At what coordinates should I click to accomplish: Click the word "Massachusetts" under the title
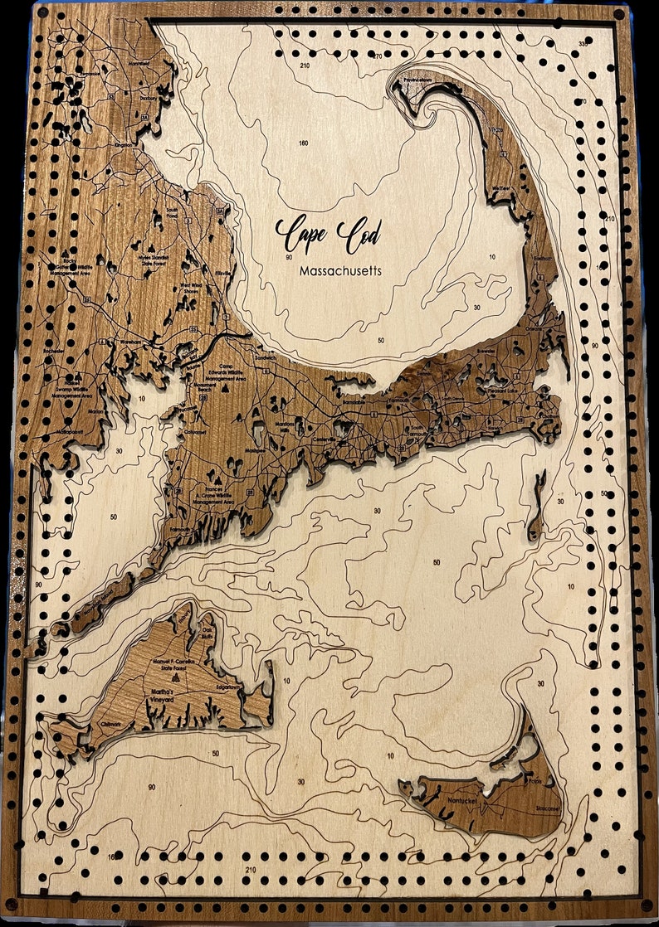click(x=341, y=271)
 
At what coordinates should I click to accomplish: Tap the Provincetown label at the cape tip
click(x=418, y=80)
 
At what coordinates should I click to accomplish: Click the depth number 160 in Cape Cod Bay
click(x=304, y=143)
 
